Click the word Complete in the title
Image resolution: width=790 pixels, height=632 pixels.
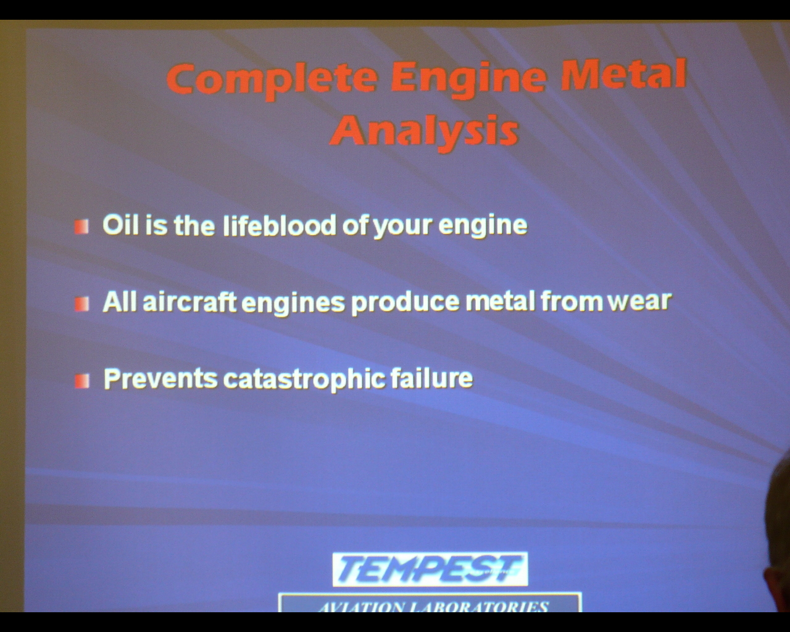point(272,80)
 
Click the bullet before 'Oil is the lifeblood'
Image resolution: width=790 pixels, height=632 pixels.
point(81,227)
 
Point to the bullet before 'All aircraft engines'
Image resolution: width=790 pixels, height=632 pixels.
point(81,304)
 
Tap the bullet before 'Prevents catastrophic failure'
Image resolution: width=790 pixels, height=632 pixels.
point(82,381)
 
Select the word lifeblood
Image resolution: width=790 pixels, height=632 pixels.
point(280,225)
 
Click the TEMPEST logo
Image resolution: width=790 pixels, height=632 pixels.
point(430,569)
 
